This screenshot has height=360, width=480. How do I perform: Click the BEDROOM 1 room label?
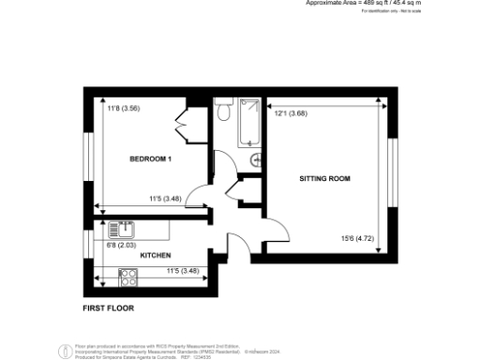150,159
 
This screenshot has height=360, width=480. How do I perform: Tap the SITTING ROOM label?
324,177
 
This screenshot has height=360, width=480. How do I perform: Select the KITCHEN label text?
155,255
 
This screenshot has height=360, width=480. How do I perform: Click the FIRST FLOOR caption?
109,307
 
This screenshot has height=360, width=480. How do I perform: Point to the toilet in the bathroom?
222,112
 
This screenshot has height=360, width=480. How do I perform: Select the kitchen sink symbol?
120,229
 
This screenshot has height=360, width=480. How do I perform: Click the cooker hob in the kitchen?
128,277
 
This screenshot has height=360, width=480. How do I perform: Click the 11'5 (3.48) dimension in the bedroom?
165,199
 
